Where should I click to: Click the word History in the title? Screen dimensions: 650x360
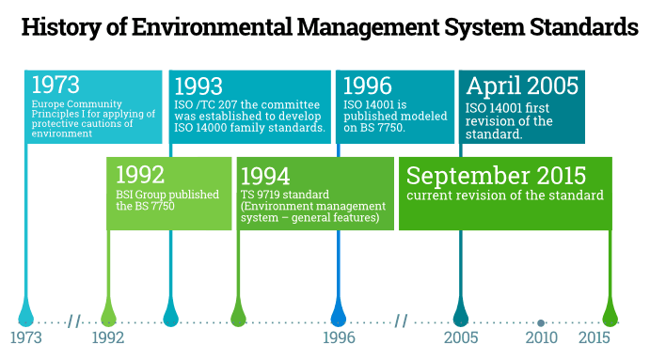pos(61,27)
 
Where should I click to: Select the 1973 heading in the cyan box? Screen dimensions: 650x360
pos(55,85)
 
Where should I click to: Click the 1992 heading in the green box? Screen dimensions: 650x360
pos(140,175)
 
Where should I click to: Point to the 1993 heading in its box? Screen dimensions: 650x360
pos(198,86)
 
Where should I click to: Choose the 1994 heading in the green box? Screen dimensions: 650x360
pos(265,176)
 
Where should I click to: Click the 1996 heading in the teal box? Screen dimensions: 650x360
pos(368,86)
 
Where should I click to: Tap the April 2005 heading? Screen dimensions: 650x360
pos(522,86)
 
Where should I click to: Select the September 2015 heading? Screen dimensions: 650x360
pos(497,176)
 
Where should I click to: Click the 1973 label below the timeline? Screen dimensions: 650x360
pos(26,337)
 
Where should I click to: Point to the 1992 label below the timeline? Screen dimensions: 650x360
pos(108,337)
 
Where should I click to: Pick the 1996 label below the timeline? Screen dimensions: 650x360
pos(339,337)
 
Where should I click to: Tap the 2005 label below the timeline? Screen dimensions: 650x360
pos(461,337)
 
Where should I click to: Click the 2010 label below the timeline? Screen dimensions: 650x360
pos(542,337)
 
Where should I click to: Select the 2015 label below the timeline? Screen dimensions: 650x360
pos(595,337)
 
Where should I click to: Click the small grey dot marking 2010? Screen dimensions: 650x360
pos(541,323)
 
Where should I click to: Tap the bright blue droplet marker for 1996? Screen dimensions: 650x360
pos(339,314)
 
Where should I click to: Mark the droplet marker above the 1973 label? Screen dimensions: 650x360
pos(26,314)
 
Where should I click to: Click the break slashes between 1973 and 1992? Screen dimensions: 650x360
pos(74,321)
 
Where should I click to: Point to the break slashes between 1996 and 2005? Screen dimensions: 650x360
pos(402,321)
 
